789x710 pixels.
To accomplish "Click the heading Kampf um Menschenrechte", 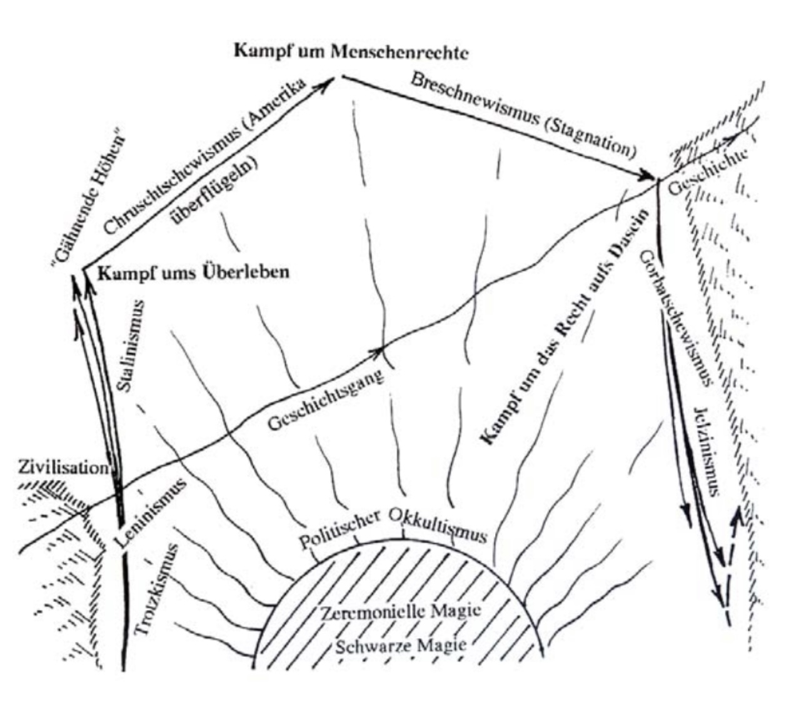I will click(351, 51).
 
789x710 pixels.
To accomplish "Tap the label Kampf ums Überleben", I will click(194, 273).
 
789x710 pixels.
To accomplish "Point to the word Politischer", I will click(339, 529).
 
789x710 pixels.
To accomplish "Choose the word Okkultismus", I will click(437, 525).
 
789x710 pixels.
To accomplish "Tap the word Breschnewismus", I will click(474, 103).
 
